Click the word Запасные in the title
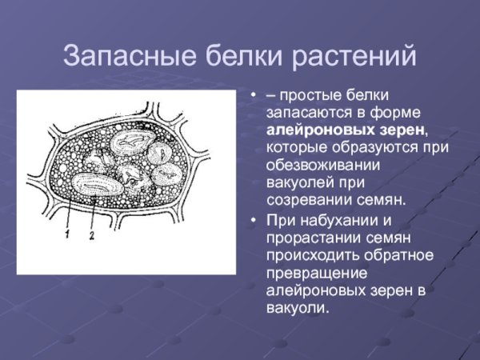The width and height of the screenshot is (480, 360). [118, 58]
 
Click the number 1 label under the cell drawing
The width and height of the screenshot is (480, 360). [68, 234]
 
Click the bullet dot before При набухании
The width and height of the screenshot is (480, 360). [254, 221]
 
